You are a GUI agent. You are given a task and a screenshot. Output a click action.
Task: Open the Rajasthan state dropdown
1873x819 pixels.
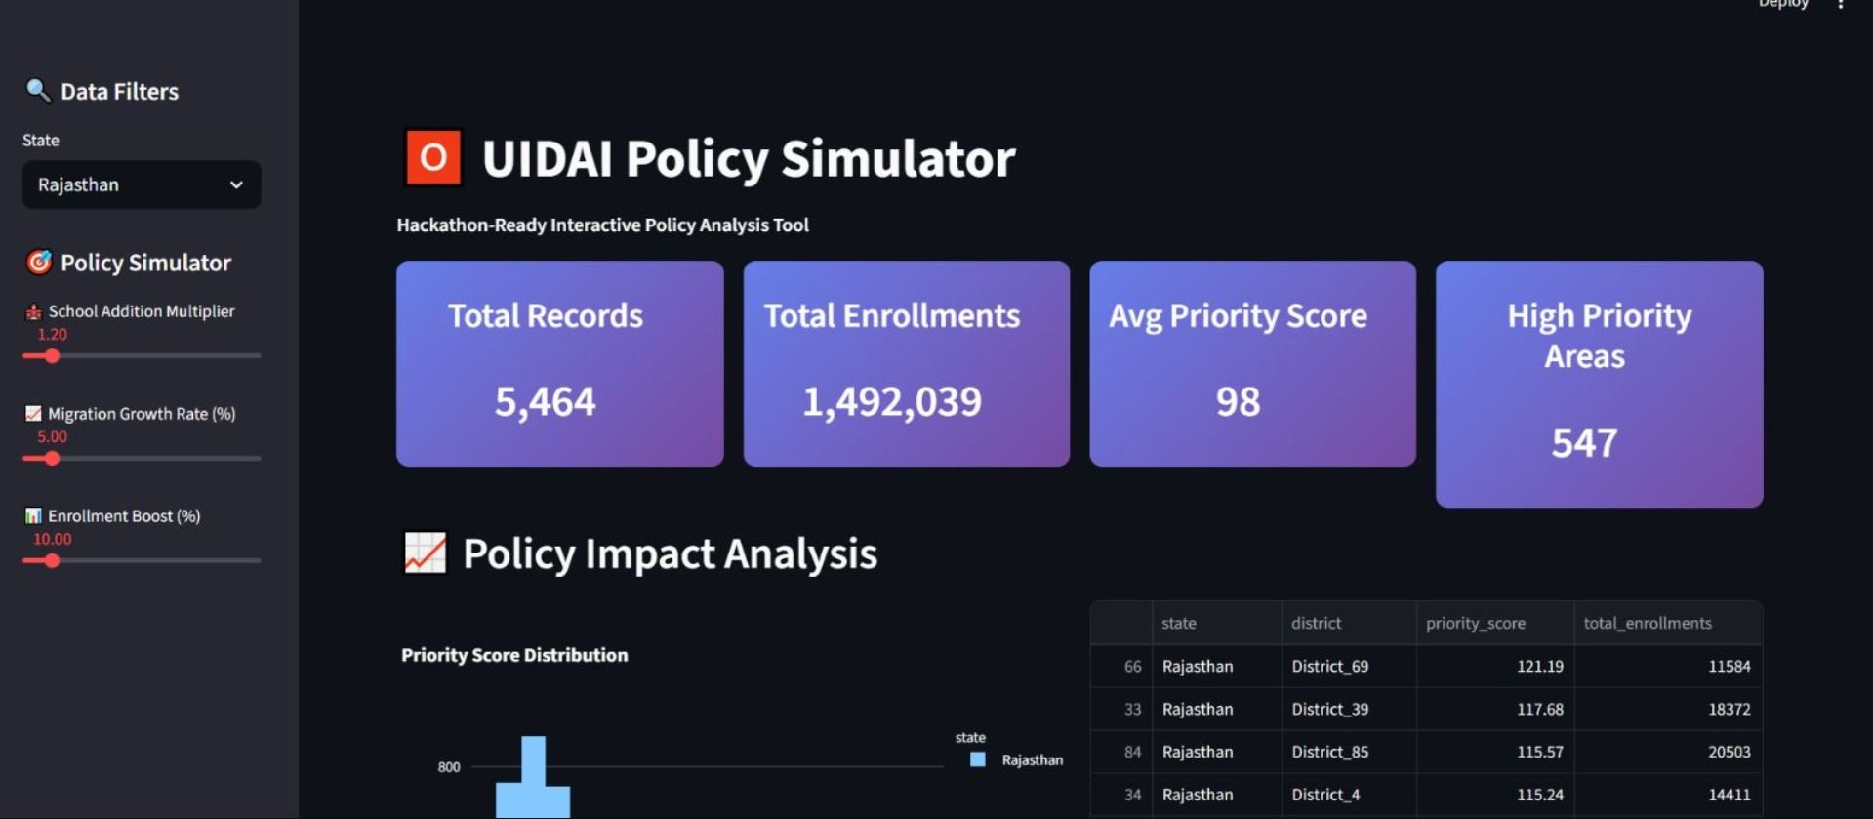142,184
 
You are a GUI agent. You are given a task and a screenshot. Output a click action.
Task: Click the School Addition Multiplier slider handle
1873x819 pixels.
52,356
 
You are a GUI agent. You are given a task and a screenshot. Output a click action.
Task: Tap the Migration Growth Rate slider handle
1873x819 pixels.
52,459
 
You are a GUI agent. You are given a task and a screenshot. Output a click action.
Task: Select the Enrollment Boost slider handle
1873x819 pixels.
52,561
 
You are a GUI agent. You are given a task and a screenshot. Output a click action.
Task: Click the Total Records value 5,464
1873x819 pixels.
545,401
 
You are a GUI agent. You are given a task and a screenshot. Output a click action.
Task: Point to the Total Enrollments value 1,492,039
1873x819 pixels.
891,401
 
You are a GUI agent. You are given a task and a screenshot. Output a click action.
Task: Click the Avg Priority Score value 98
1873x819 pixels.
1238,401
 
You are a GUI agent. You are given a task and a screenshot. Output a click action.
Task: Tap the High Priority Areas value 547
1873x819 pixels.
1584,442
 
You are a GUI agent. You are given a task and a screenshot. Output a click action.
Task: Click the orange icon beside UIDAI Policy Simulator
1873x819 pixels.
432,157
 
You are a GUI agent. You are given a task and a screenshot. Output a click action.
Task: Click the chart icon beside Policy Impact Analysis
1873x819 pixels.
426,553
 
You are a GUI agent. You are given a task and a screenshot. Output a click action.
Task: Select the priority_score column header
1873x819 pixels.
1475,623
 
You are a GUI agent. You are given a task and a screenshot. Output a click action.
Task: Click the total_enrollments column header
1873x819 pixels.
1647,623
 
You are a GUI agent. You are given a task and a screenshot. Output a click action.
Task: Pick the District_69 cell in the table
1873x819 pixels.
1329,667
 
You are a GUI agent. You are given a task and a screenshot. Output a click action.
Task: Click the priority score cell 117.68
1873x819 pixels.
1539,710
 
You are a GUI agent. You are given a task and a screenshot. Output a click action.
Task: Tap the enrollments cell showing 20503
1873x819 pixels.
1729,752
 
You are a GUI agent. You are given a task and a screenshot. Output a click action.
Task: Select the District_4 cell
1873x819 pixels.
1324,795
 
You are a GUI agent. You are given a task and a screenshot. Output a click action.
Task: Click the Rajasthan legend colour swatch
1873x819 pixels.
977,759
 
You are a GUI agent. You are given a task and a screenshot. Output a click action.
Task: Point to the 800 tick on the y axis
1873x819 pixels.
449,767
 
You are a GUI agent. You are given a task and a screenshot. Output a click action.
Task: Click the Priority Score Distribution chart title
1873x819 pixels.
514,655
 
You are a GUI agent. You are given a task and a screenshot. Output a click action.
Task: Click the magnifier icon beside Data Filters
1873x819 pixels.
37,91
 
